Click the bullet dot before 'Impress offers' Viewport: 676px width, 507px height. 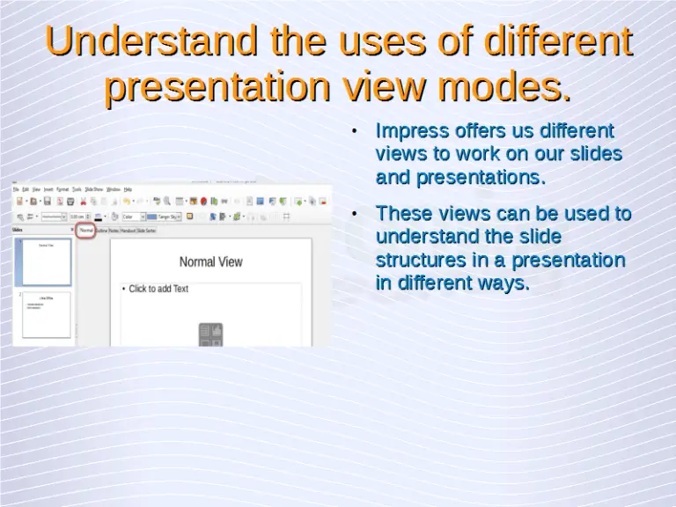pyautogui.click(x=353, y=132)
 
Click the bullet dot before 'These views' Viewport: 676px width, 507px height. pyautogui.click(x=353, y=215)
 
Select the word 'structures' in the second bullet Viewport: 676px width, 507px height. pyautogui.click(x=421, y=261)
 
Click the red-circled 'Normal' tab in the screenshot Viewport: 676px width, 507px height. pyautogui.click(x=86, y=230)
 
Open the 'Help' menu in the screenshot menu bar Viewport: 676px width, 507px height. pyautogui.click(x=128, y=189)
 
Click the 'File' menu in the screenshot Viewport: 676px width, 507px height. pyautogui.click(x=17, y=189)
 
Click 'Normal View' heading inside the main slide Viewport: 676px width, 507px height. pyautogui.click(x=210, y=261)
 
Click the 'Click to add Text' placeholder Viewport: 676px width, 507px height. pyautogui.click(x=158, y=289)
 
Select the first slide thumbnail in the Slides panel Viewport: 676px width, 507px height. pyautogui.click(x=46, y=261)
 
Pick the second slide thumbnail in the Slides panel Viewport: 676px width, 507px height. pyautogui.click(x=46, y=314)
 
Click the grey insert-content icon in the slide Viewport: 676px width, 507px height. pyautogui.click(x=210, y=334)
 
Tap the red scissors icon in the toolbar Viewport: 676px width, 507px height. pyautogui.click(x=83, y=202)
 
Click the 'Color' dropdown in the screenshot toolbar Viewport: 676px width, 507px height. pyautogui.click(x=131, y=217)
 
